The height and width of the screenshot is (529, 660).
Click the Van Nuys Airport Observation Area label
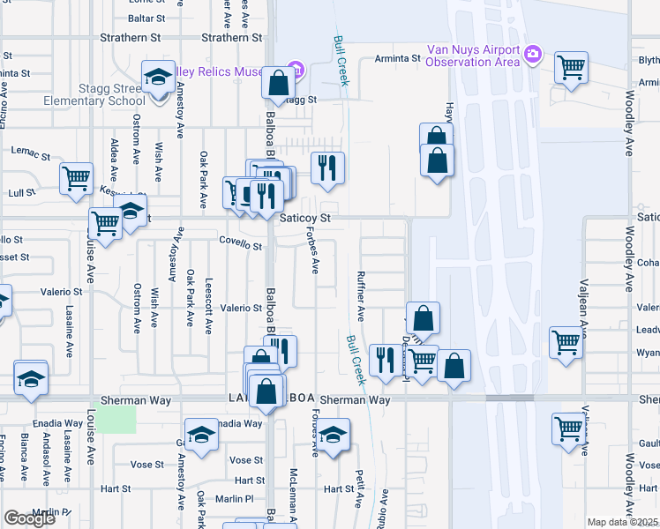(471, 56)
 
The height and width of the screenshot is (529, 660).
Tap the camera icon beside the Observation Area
(532, 55)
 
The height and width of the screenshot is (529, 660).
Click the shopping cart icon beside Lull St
(76, 177)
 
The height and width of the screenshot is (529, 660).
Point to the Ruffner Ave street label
(360, 295)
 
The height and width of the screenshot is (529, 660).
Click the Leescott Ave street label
(208, 314)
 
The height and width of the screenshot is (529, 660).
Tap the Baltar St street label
(146, 18)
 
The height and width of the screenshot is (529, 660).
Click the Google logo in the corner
(29, 518)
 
